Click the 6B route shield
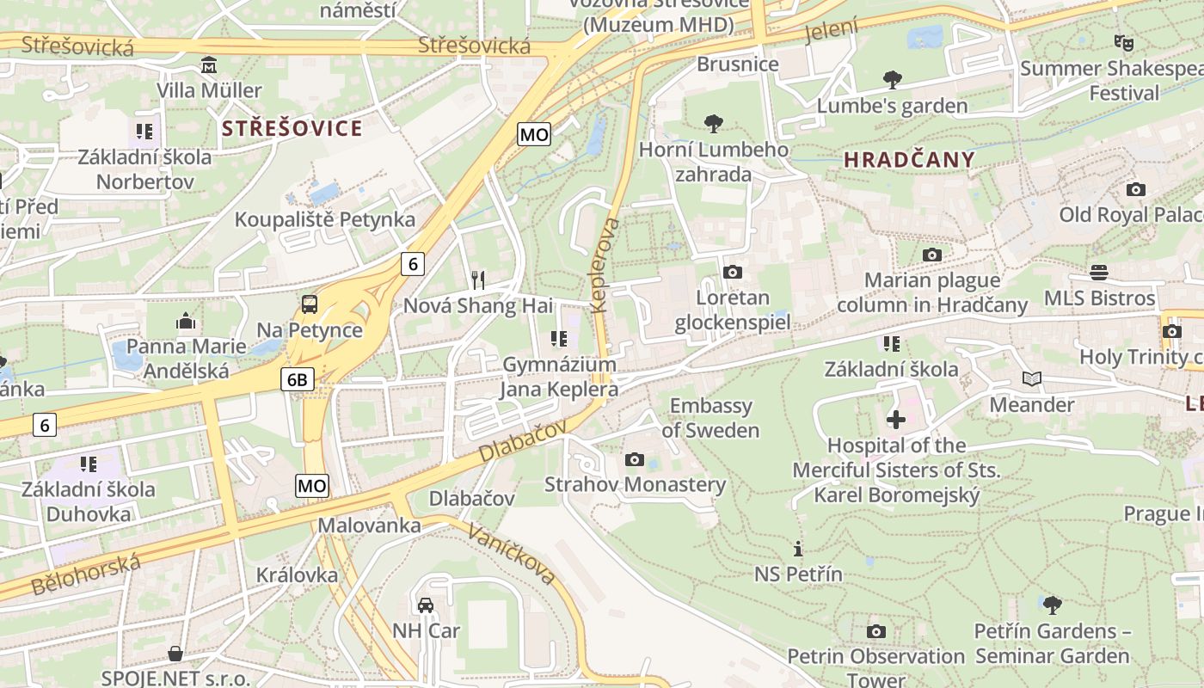298,379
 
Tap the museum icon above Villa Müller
209,65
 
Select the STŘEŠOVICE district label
292,129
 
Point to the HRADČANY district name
910,159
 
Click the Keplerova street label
605,265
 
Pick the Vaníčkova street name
511,553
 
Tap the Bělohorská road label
85,575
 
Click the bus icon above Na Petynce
309,304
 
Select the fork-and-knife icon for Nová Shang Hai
478,279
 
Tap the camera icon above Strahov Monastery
635,459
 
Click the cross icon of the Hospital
896,420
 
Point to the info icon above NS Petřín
798,549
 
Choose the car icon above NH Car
426,605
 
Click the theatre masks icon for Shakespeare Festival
1123,42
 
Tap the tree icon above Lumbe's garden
893,80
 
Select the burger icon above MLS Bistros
1099,273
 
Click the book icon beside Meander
1032,378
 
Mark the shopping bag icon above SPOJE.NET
175,654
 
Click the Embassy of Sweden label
710,418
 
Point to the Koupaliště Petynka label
325,219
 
